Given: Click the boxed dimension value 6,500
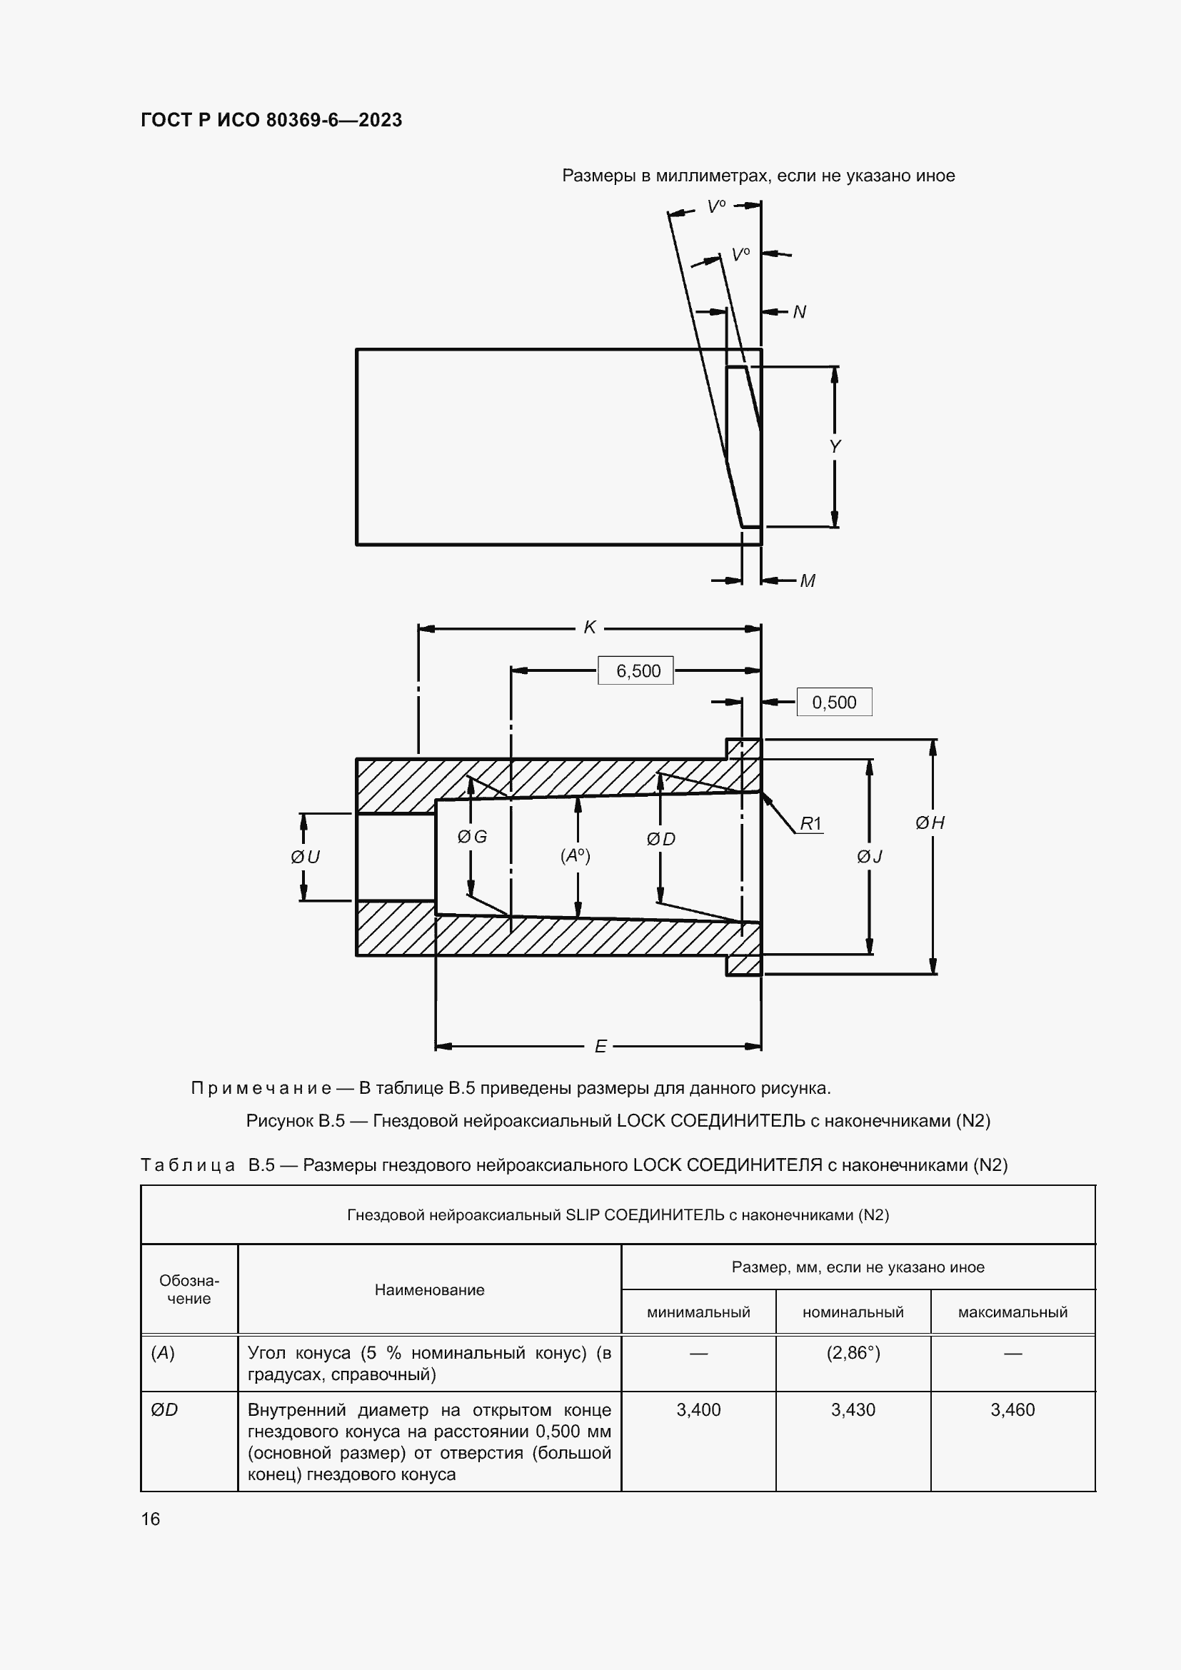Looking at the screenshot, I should (638, 670).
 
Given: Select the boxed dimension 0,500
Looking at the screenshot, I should (833, 703).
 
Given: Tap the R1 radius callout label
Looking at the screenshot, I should (810, 823).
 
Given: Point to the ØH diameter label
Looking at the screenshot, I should (930, 823).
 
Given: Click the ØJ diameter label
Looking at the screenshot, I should (869, 857).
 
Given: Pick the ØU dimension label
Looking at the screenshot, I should (306, 857).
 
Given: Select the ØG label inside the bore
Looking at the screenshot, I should (472, 837).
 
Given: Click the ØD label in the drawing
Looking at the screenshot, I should (660, 840).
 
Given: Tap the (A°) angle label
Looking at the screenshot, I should (576, 855).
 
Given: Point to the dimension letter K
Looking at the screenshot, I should (590, 627).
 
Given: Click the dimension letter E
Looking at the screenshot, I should (600, 1046).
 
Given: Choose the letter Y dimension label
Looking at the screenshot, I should (835, 446).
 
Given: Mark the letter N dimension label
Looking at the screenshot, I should (799, 312).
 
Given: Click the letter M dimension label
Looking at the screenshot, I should (808, 580).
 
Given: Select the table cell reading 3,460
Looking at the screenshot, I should (1012, 1409).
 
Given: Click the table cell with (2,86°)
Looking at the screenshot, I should (853, 1353).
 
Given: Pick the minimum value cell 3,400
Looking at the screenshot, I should (698, 1409).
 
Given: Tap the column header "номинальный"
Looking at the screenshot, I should (853, 1312).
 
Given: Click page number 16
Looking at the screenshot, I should (151, 1519).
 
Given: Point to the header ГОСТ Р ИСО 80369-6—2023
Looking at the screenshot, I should (271, 120).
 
